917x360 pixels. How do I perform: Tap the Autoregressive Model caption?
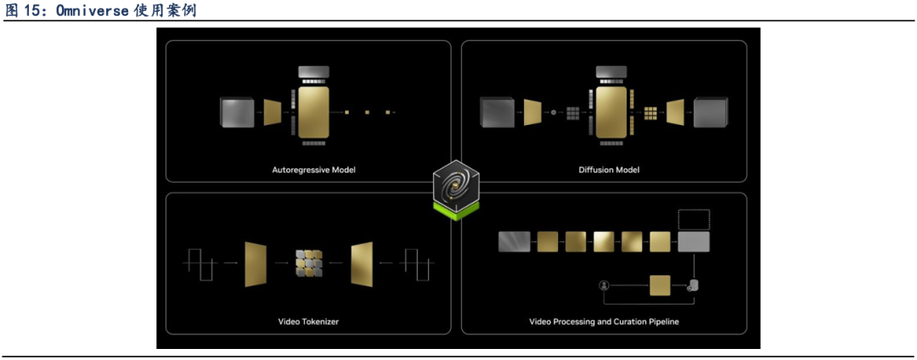pos(313,170)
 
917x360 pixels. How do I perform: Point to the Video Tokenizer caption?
pos(308,322)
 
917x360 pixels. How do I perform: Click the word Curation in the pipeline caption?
pos(624,322)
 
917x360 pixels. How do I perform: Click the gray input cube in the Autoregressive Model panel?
pos(237,112)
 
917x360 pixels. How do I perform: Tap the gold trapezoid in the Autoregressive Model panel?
pos(273,111)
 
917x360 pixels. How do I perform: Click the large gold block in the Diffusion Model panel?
pos(611,111)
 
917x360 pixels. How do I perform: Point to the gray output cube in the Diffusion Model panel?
pos(711,112)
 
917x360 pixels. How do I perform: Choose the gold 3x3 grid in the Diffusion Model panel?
pos(651,112)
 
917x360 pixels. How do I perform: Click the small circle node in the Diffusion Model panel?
pos(554,112)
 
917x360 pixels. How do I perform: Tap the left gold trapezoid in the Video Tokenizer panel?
pos(256,264)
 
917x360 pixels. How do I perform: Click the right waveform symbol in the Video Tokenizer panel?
pos(419,264)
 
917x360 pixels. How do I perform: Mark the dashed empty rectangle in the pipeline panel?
pos(693,220)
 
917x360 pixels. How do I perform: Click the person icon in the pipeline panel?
pos(605,285)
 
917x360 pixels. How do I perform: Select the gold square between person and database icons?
pos(660,285)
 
